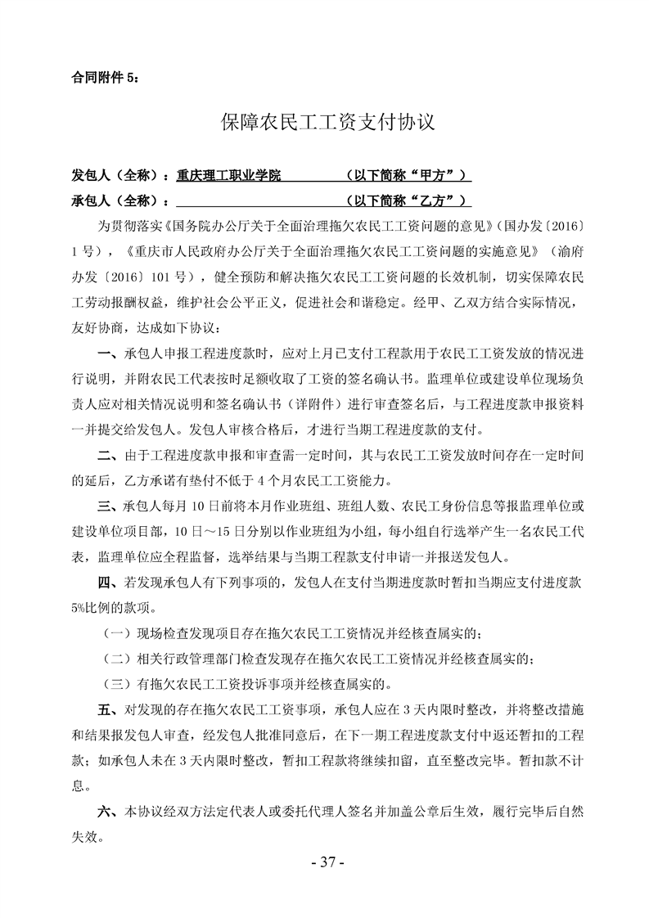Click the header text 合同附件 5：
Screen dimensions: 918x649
pyautogui.click(x=106, y=79)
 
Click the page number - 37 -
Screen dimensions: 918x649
pyautogui.click(x=324, y=862)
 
